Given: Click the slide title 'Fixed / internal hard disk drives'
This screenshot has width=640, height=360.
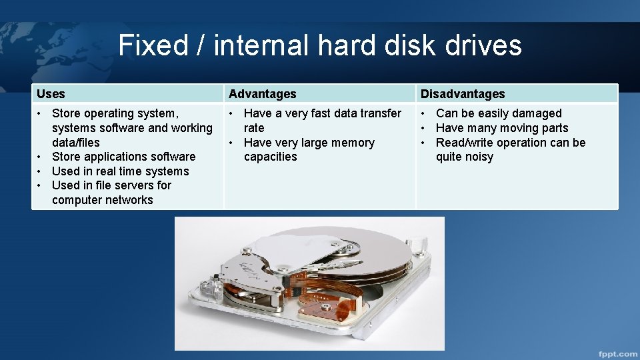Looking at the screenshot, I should click(320, 45).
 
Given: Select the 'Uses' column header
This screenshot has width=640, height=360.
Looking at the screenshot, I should click(51, 94).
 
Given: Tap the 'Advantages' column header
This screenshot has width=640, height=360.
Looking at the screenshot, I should click(262, 94).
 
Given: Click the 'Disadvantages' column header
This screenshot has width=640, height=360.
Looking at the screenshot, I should click(462, 94).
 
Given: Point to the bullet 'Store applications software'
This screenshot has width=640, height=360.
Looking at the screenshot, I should click(123, 157).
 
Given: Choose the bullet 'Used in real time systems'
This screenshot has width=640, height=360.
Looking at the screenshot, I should click(120, 171).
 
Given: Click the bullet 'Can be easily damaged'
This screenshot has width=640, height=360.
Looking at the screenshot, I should click(498, 113).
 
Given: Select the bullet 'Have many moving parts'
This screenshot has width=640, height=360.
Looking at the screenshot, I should click(501, 128).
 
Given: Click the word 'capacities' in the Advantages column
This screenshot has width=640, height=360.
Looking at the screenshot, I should click(270, 157).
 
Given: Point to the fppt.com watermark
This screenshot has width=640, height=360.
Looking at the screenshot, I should click(617, 353).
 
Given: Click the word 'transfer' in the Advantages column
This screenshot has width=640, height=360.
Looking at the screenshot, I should click(379, 113).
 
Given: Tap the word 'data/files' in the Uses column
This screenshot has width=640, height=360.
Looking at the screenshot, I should click(75, 143).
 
